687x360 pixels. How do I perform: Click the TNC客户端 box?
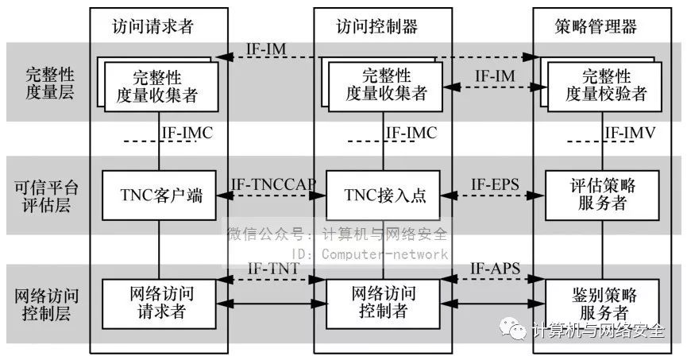tap(159, 194)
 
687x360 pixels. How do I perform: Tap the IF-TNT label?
tap(273, 269)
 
